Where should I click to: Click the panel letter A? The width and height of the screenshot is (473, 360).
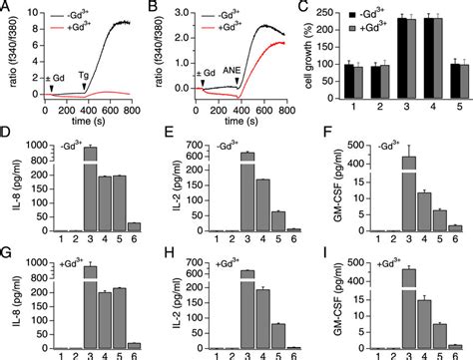click(7, 7)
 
